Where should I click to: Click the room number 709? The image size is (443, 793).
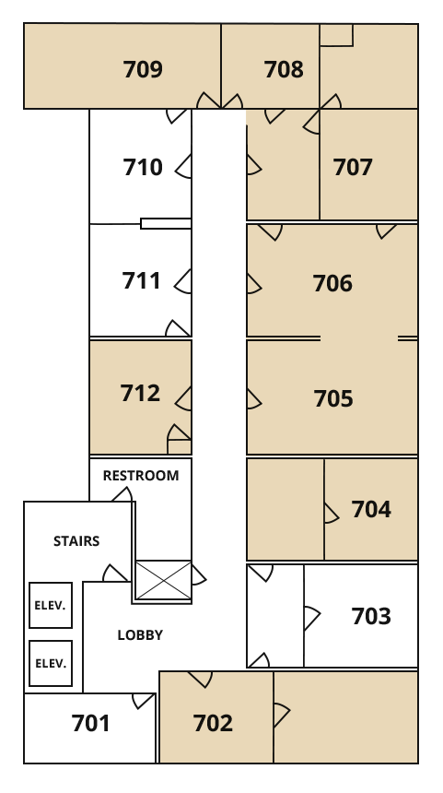143,69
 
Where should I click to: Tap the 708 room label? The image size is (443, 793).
284,69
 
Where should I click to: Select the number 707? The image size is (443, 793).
353,167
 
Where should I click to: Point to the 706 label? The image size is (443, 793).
332,283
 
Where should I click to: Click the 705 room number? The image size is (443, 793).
333,398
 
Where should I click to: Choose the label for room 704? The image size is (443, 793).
371,509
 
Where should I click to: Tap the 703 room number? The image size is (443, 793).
371,616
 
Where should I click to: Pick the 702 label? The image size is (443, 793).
213,723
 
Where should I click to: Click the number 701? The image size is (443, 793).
91,723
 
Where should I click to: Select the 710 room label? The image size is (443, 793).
143,167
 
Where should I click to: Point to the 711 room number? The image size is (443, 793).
142,280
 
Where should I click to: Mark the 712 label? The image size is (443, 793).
140,393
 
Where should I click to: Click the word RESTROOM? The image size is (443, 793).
141,476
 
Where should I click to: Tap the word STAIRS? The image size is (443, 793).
76,541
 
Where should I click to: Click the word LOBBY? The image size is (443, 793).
140,635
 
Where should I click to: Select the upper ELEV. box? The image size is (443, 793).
51,606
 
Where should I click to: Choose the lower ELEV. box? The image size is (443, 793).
51,664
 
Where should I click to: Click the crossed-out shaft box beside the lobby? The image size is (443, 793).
164,581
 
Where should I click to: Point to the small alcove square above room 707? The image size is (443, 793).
336,35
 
